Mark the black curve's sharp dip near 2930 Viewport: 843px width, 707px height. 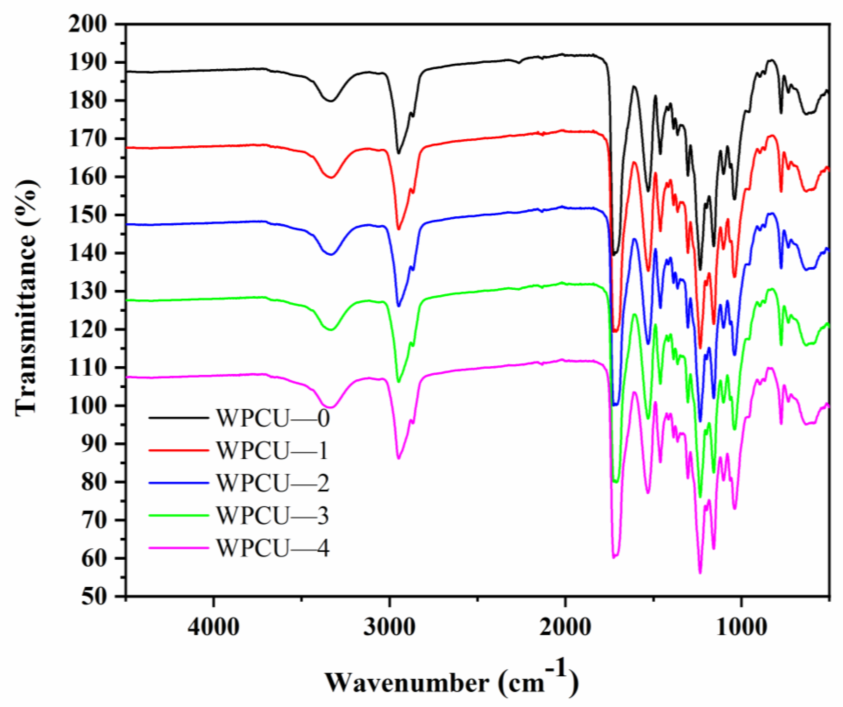(x=398, y=153)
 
